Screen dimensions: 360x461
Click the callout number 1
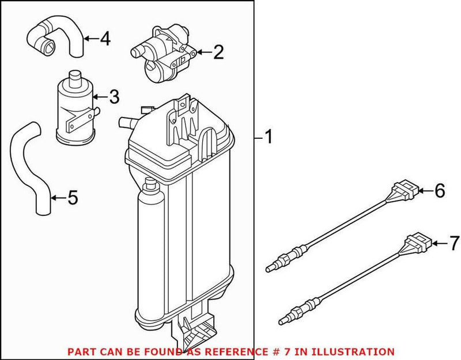pyautogui.click(x=268, y=137)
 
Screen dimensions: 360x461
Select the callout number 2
pyautogui.click(x=217, y=54)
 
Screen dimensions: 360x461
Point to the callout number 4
pyautogui.click(x=104, y=39)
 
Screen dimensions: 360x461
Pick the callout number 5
pyautogui.click(x=72, y=198)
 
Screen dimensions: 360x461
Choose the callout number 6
pyautogui.click(x=439, y=191)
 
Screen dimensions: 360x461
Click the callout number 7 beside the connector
pyautogui.click(x=454, y=244)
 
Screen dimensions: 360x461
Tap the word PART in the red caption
pyautogui.click(x=81, y=351)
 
